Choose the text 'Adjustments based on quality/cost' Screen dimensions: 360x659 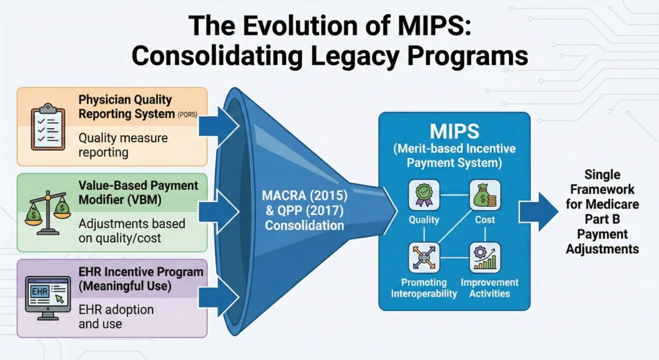tap(132, 231)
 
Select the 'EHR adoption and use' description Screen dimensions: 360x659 tap(116, 316)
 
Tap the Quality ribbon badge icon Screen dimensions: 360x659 tap(423, 196)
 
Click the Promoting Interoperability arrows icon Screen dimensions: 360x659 tap(423, 256)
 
